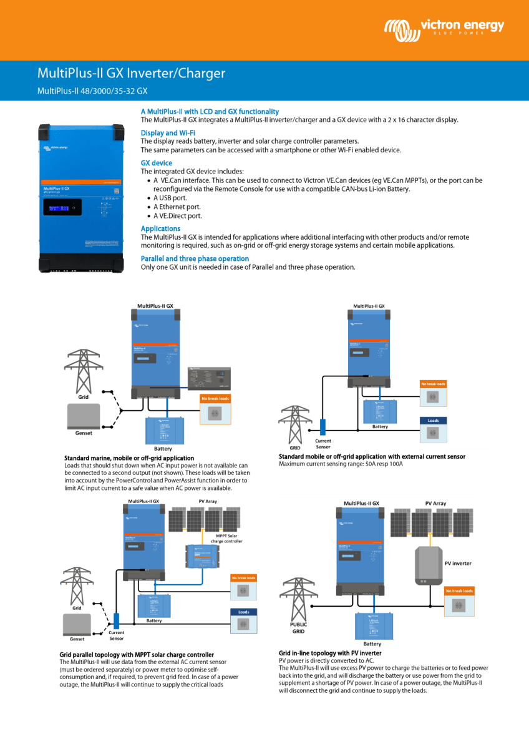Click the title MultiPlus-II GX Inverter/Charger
(131, 74)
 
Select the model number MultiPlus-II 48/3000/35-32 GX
(92, 91)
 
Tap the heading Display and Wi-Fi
(168, 133)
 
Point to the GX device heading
(156, 163)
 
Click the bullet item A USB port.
(170, 198)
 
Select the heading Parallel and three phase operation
(195, 258)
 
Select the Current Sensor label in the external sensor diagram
(323, 444)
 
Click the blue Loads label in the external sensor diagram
(433, 421)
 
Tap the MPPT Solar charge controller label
(226, 538)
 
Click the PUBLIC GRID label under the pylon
(298, 627)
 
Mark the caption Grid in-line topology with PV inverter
(330, 654)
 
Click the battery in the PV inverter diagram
(372, 625)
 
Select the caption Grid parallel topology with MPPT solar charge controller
(137, 655)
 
